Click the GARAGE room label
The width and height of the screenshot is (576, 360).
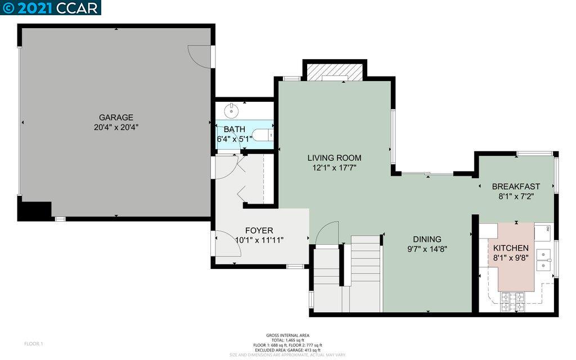(116, 118)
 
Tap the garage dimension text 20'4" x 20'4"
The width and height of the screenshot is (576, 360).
(116, 128)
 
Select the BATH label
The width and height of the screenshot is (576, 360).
(234, 129)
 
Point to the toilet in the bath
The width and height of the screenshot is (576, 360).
(262, 136)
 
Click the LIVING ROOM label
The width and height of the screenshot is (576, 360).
(334, 157)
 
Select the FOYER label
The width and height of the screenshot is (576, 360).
(259, 231)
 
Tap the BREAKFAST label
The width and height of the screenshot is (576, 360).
(516, 187)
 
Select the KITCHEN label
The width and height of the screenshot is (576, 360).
(511, 248)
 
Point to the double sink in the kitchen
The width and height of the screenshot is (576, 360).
(543, 259)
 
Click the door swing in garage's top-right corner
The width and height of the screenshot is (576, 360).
(200, 55)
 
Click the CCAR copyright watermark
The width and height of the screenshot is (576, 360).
(50, 7)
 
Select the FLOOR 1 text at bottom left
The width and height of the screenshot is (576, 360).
(34, 344)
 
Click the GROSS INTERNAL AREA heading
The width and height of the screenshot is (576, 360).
(287, 335)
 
